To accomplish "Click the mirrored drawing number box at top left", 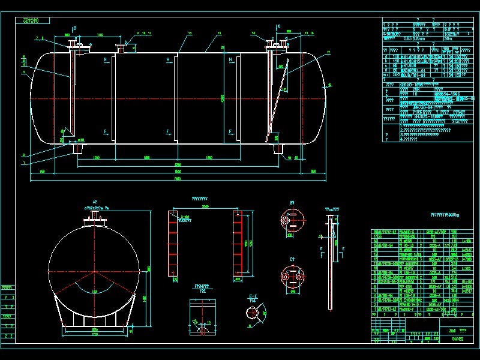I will point(31,21).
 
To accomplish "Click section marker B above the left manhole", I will point(74,28).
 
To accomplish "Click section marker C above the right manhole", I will point(279,26).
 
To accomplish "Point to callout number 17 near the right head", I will point(328,53).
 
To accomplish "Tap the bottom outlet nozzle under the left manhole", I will point(76,146).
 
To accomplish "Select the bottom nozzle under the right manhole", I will point(277,146).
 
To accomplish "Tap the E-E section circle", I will point(256,314).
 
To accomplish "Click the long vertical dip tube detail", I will point(330,264).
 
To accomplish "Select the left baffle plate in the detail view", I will point(174,246).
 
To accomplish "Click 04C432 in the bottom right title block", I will point(457,338).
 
